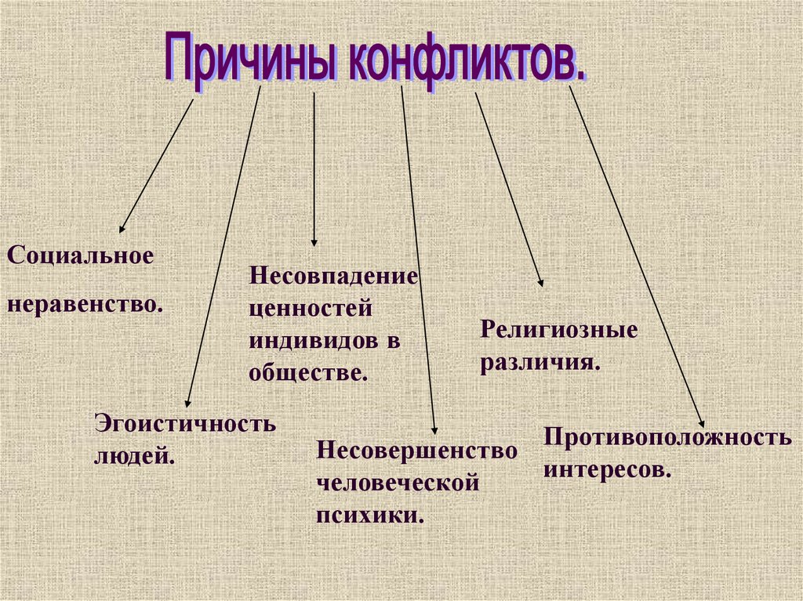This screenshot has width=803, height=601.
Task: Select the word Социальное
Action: click(x=79, y=255)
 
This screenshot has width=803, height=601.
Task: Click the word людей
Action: click(x=134, y=454)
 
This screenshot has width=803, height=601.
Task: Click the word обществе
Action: click(x=308, y=372)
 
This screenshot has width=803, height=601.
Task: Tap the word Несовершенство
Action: click(x=417, y=451)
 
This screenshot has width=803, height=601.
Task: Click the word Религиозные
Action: click(x=559, y=330)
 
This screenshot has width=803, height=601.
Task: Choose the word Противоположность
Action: click(x=667, y=437)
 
